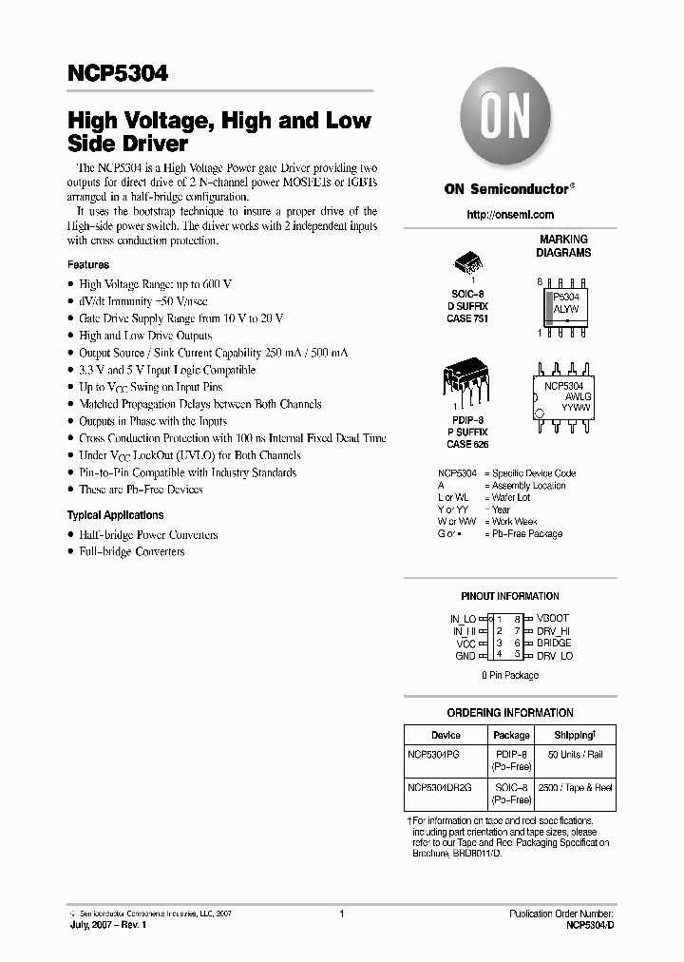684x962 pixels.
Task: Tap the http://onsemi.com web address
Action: (x=510, y=215)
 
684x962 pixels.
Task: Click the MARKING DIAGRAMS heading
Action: (x=563, y=246)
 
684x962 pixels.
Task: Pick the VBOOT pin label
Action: (x=553, y=618)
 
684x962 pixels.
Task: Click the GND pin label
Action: (x=465, y=656)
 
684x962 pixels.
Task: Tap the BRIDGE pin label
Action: (x=554, y=644)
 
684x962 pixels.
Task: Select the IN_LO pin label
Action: (x=463, y=618)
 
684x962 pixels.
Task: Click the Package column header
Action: (x=512, y=735)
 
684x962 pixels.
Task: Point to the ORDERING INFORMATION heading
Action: (x=510, y=713)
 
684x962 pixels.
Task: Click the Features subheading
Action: (x=87, y=264)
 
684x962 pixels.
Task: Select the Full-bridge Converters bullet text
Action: (x=132, y=552)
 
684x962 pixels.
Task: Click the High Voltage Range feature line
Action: (x=156, y=284)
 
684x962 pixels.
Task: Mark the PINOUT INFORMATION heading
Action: (x=510, y=597)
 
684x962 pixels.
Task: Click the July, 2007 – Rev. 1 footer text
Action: (x=107, y=924)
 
